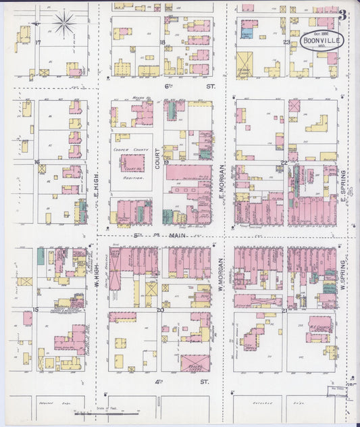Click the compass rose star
pos(65,24)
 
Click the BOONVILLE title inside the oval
pos(322,41)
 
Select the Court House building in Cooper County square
pos(132,163)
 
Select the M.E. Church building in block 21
pos(319,324)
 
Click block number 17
pos(38,43)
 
